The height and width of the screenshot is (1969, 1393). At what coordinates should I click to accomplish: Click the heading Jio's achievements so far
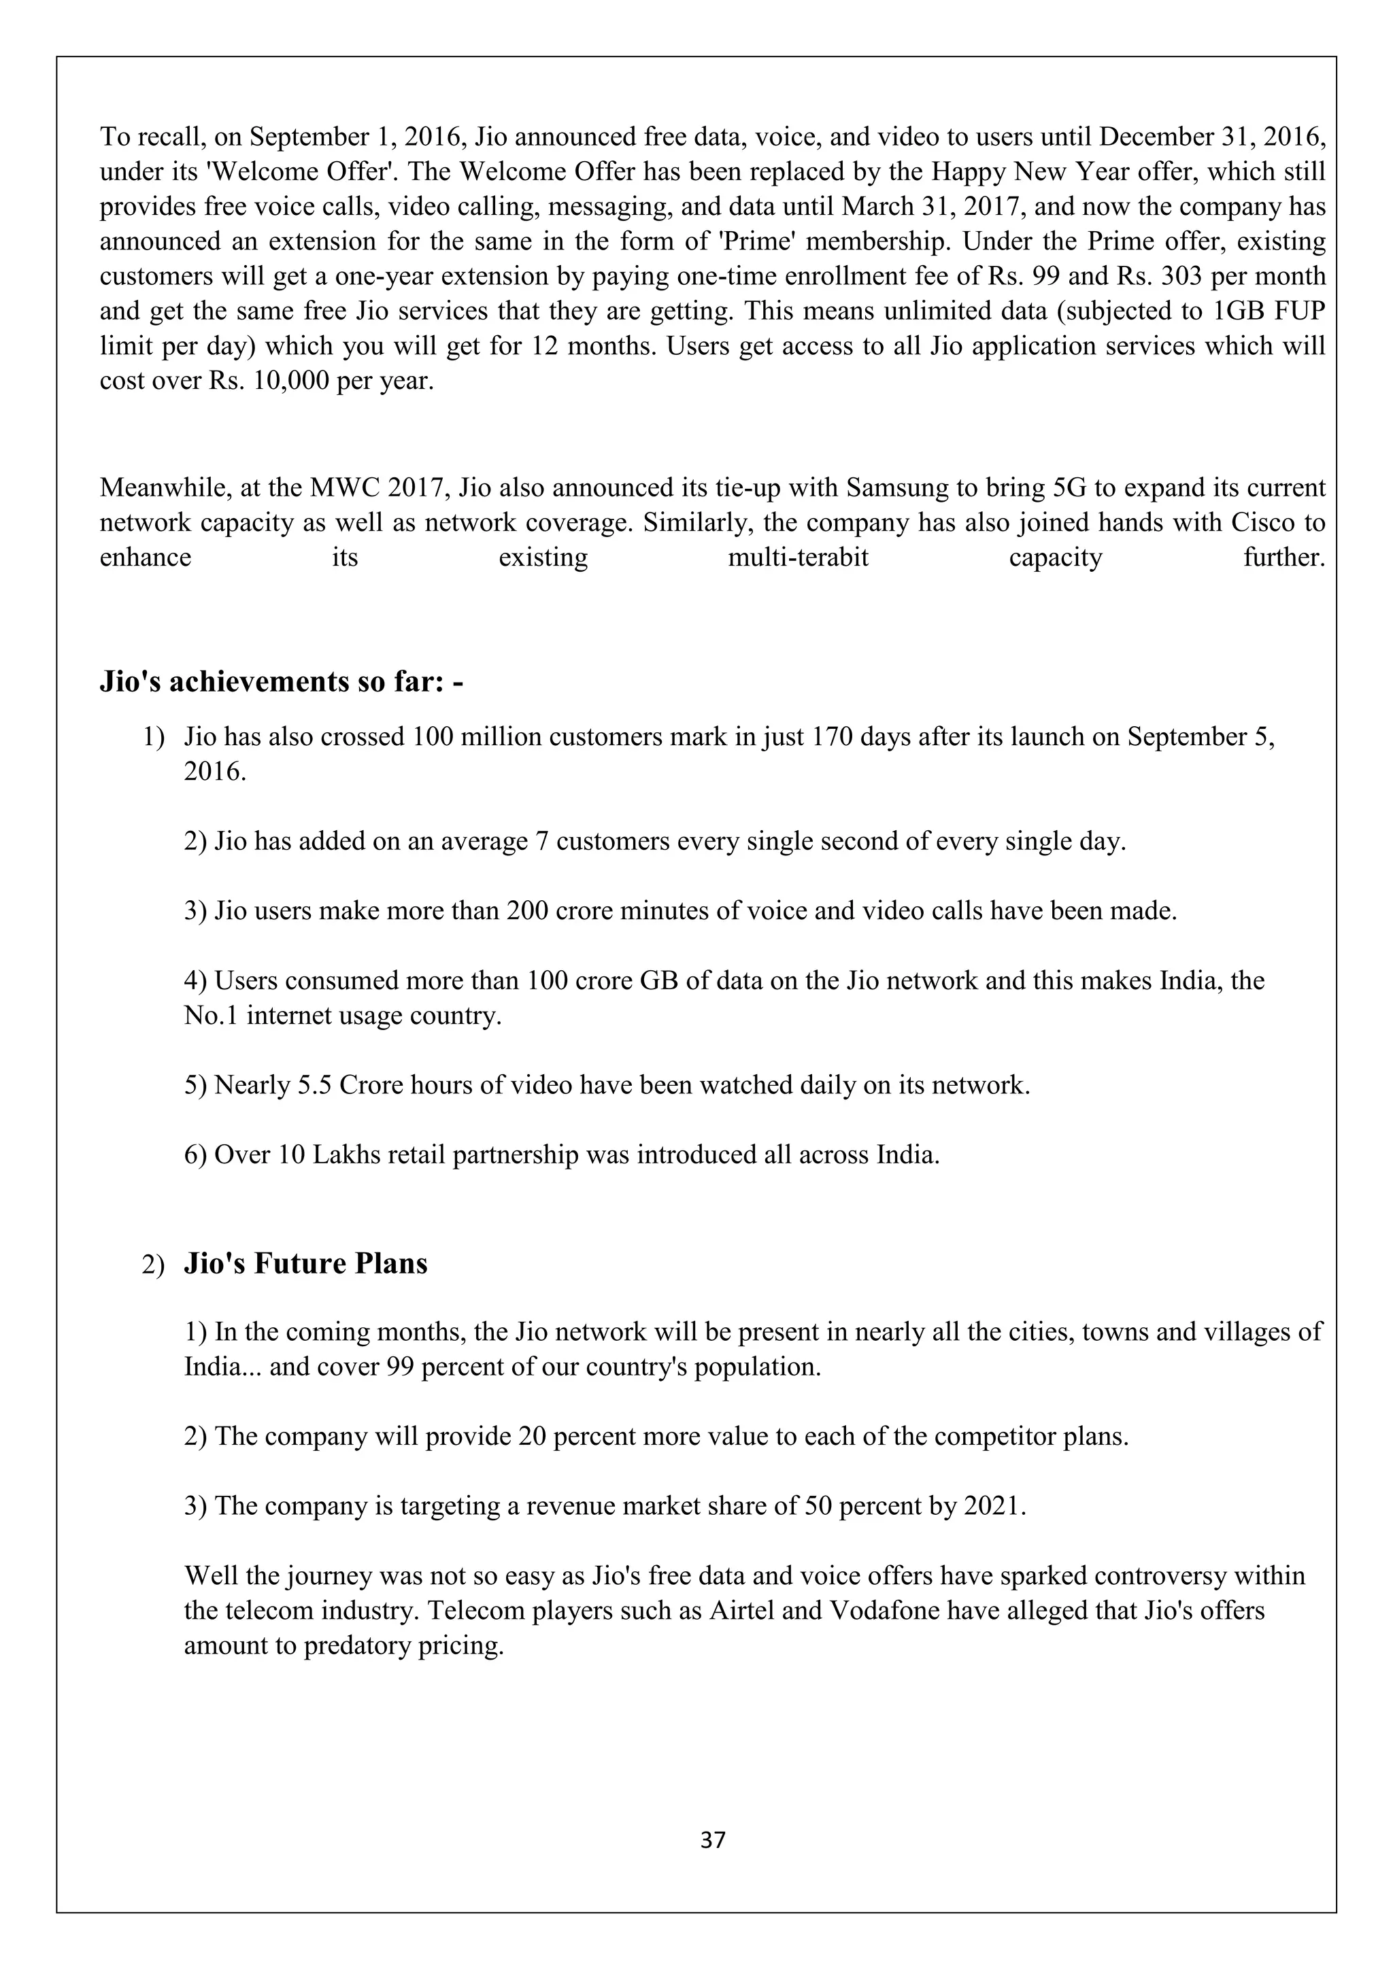click(x=282, y=682)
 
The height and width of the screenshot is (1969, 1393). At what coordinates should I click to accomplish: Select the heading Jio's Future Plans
click(x=305, y=1263)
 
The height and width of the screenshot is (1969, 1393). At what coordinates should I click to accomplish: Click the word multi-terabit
click(x=798, y=558)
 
